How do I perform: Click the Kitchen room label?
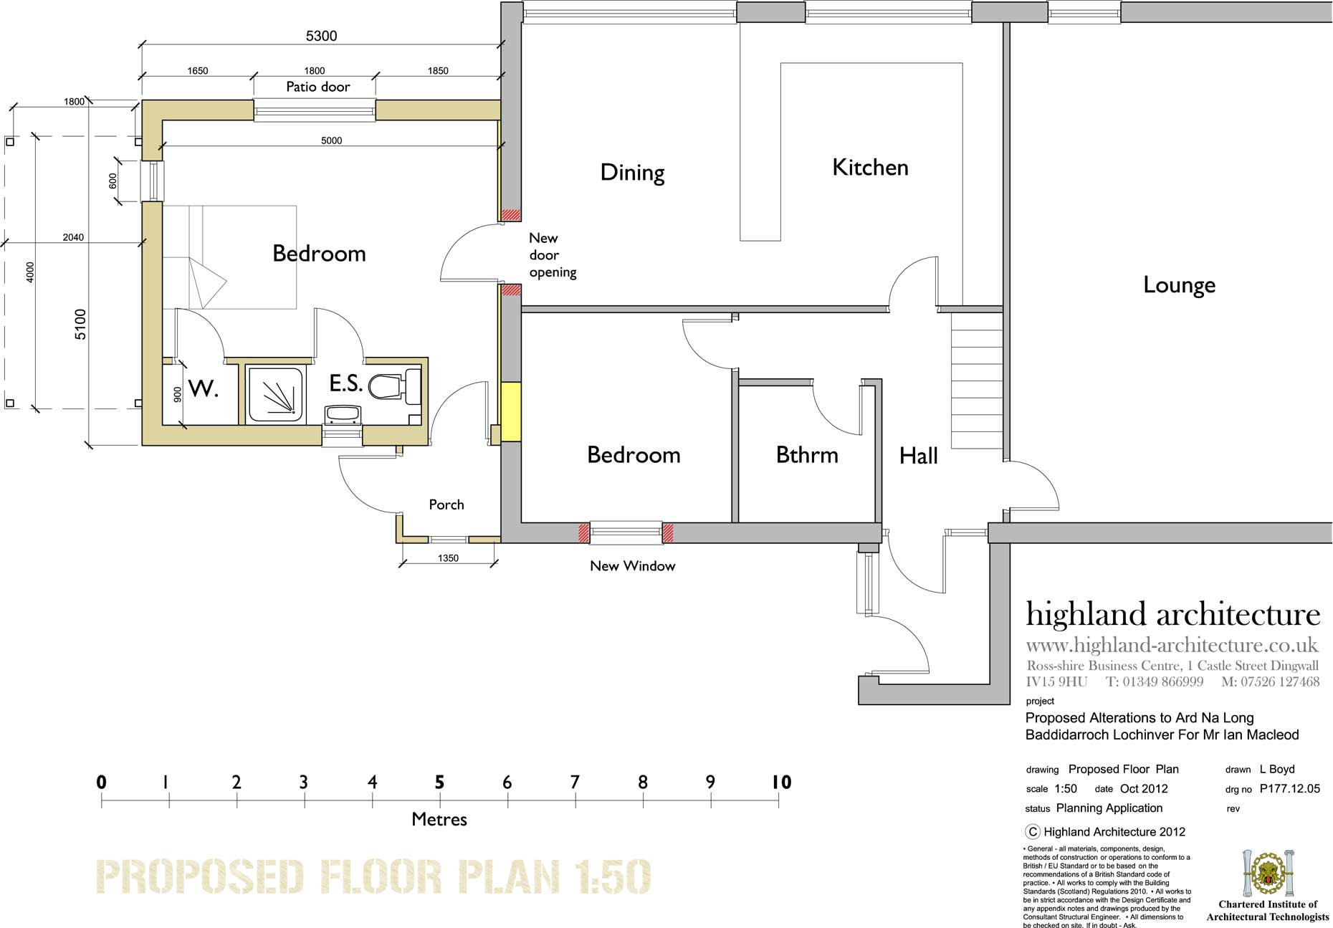[870, 168]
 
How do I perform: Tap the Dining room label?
[632, 173]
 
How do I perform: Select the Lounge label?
[1179, 285]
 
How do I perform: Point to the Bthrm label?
[807, 455]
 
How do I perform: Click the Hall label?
[919, 456]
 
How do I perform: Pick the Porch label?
[446, 504]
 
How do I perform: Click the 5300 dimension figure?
[321, 36]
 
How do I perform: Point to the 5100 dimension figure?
[80, 324]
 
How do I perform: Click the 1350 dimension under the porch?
[448, 558]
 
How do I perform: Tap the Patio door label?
[318, 87]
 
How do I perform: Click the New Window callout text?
[633, 566]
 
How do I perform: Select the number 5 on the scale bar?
[440, 782]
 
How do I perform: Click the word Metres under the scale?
[439, 819]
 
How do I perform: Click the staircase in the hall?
[976, 382]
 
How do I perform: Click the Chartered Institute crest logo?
[1266, 874]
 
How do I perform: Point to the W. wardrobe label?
[203, 389]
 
